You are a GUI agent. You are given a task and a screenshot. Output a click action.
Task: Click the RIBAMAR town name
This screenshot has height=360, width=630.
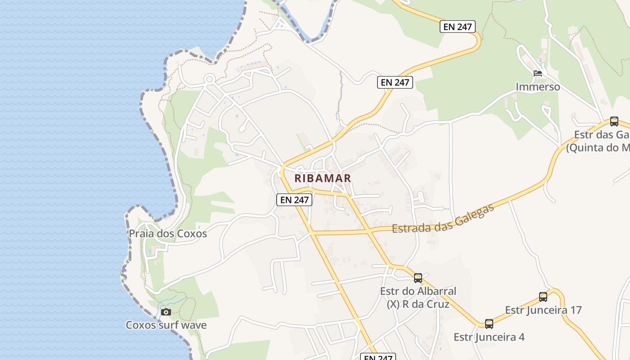(x=322, y=178)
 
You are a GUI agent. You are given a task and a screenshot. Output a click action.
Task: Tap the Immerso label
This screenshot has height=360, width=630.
(x=538, y=87)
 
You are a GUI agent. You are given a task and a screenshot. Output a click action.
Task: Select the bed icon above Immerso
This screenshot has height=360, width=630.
(x=537, y=73)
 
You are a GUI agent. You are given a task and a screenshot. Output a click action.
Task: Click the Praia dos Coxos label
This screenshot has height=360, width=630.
(x=168, y=234)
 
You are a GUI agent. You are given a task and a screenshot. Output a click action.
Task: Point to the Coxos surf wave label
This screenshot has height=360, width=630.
(x=166, y=325)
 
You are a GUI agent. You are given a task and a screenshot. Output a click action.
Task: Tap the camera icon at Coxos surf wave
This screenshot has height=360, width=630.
(x=166, y=312)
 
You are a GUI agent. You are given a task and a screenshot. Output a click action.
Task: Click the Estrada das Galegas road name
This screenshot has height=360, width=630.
(x=443, y=219)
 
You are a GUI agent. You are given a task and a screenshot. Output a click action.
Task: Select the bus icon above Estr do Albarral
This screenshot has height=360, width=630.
(x=418, y=278)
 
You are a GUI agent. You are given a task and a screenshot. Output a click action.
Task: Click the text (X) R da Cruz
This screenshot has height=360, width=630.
(x=418, y=304)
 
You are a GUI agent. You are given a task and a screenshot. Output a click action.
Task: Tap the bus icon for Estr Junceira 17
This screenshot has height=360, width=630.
(x=543, y=297)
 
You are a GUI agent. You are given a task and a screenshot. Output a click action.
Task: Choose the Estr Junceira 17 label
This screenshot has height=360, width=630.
(x=543, y=310)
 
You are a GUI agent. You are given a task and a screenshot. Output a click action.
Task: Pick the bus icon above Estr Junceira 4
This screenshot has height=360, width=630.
(x=489, y=324)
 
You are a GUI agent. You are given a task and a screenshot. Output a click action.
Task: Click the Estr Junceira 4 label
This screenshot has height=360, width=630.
(x=489, y=337)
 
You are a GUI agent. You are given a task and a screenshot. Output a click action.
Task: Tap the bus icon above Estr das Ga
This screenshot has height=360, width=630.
(x=614, y=121)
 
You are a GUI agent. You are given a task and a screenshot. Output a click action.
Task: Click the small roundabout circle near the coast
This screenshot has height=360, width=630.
(x=209, y=79)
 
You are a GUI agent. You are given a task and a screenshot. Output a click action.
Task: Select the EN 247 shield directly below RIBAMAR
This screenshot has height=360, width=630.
(x=294, y=200)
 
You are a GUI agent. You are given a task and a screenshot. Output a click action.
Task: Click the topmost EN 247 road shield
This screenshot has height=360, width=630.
(x=458, y=27)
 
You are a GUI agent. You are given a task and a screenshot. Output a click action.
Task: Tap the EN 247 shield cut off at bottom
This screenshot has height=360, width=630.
(x=378, y=357)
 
